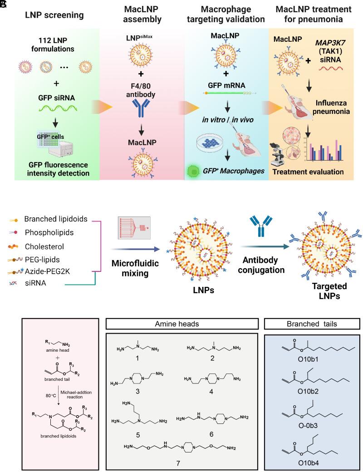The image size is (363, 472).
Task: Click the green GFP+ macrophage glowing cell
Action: [194, 173]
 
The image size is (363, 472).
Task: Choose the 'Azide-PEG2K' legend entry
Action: [45, 271]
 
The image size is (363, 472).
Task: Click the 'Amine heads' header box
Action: [181, 324]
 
